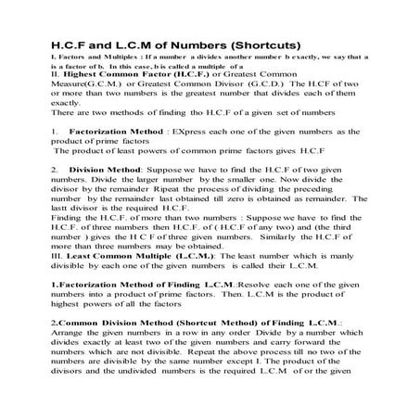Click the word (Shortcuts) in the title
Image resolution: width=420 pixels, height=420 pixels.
pyautogui.click(x=262, y=45)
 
